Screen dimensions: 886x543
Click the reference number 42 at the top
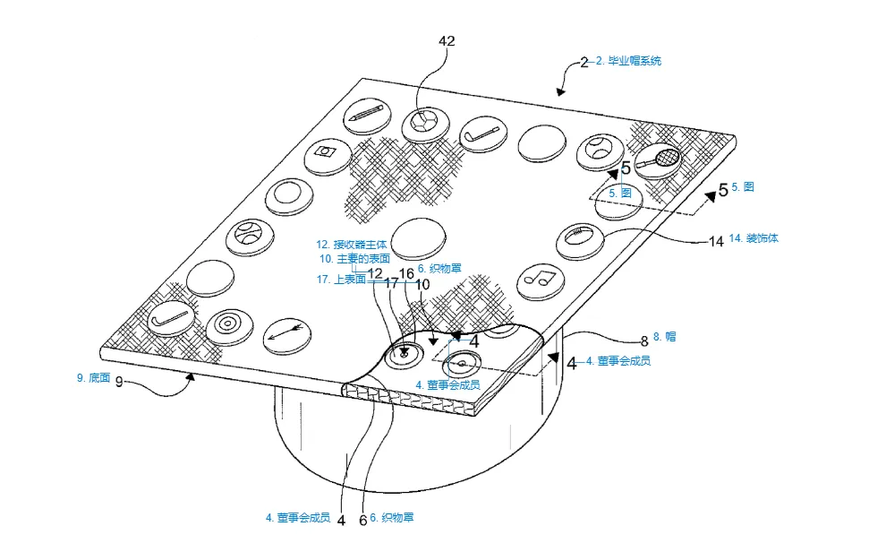point(447,41)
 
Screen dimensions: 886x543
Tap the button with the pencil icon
point(368,116)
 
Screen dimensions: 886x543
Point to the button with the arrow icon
point(287,335)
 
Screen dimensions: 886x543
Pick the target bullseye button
point(229,327)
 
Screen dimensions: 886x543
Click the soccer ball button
point(426,124)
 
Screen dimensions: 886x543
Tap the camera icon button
point(328,157)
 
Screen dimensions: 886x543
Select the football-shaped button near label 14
point(580,240)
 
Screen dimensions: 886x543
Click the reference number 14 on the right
point(717,242)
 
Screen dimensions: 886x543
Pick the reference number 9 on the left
point(119,383)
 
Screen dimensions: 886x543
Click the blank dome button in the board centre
point(418,238)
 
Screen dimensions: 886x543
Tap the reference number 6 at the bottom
point(362,520)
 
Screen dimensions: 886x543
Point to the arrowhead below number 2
point(560,91)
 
